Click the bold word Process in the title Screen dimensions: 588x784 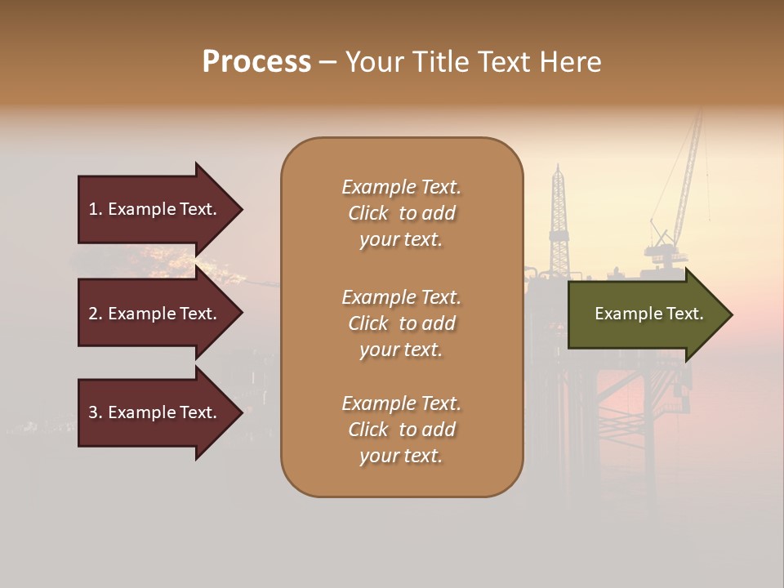point(256,62)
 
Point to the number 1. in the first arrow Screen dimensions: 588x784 point(96,209)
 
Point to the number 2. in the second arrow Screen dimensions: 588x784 point(96,314)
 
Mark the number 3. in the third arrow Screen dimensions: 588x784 point(96,412)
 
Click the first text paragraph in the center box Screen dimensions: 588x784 point(401,213)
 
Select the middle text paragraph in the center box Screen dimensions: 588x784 point(401,323)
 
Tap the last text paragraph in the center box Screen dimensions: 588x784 point(401,430)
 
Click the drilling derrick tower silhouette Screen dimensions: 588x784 point(559,220)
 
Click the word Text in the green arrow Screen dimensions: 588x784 point(686,314)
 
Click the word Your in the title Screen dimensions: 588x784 point(376,62)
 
